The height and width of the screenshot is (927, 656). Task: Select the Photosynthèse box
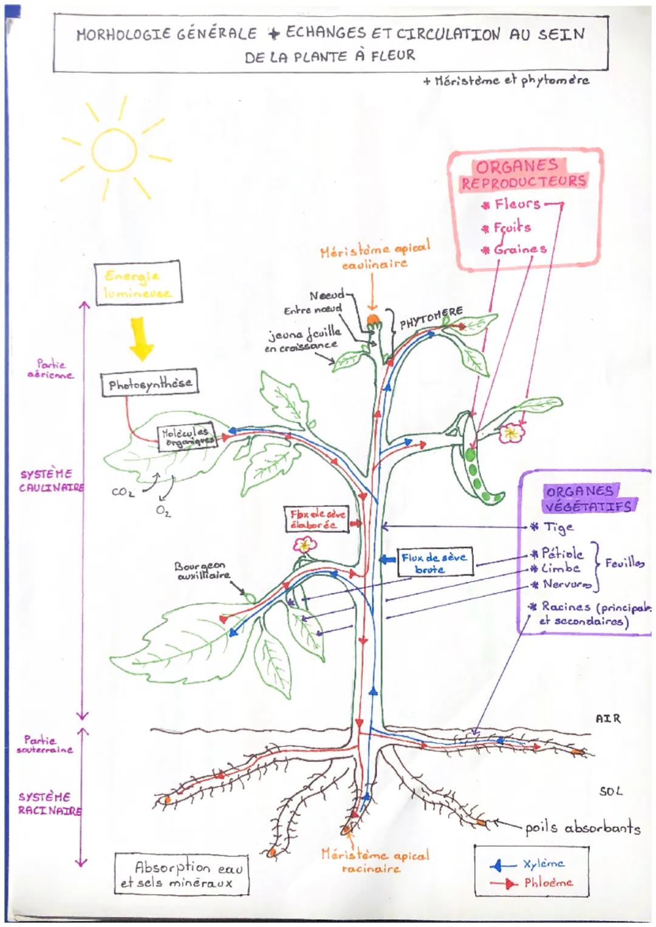tap(149, 384)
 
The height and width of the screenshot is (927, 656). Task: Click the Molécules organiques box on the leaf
tap(186, 437)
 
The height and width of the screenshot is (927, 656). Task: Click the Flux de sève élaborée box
tap(317, 520)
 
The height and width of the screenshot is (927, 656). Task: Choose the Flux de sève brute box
tap(434, 563)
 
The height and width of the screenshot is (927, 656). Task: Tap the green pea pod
tap(477, 461)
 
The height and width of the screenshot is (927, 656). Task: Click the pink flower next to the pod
tap(511, 433)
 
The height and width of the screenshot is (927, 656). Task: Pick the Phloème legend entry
tap(548, 883)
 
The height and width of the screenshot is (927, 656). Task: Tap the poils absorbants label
tap(583, 827)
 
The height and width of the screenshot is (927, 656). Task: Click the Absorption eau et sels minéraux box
tap(182, 875)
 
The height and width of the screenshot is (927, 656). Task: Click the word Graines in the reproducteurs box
tap(520, 249)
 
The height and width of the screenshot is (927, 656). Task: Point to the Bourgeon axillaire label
tap(202, 571)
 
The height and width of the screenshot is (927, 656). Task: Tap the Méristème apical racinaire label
tap(375, 861)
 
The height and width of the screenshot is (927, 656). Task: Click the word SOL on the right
tap(610, 791)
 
